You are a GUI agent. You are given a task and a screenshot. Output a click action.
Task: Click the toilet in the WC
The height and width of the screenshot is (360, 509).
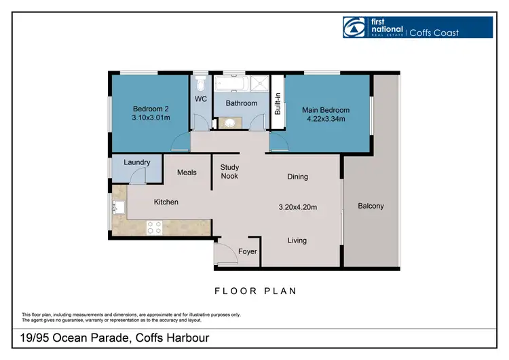(201, 84)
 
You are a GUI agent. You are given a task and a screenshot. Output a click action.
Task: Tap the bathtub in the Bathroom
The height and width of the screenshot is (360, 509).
(231, 83)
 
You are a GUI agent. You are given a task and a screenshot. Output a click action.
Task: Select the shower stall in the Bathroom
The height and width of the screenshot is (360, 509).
(260, 83)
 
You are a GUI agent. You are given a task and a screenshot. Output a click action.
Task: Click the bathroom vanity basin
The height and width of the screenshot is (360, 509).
(230, 123)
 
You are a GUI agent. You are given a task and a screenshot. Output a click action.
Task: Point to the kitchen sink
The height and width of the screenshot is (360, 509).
(119, 207)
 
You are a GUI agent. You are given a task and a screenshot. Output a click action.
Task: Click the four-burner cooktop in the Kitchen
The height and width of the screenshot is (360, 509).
(154, 228)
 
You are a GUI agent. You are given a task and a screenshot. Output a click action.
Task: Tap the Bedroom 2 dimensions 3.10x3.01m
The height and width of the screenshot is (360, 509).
(151, 118)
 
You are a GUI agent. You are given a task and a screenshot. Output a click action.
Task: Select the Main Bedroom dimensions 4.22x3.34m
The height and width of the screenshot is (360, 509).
(326, 119)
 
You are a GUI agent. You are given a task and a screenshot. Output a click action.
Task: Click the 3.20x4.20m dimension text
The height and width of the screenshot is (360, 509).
(298, 207)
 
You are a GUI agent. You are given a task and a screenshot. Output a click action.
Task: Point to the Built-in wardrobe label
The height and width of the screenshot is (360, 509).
(278, 104)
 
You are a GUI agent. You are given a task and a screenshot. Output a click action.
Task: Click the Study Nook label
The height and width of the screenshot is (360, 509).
(229, 172)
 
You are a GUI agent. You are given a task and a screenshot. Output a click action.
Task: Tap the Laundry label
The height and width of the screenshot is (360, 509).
(137, 162)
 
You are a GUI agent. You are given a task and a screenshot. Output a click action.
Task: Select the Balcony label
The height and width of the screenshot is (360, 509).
(371, 206)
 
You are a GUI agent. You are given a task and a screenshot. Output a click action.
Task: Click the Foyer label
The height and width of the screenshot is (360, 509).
(247, 251)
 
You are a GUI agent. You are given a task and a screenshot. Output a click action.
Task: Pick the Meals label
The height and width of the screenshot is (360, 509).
(187, 173)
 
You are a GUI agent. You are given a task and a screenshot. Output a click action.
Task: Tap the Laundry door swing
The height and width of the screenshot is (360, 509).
(138, 177)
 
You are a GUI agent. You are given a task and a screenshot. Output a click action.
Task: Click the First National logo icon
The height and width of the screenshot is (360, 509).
(354, 27)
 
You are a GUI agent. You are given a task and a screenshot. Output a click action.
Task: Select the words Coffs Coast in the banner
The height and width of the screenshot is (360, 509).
(434, 33)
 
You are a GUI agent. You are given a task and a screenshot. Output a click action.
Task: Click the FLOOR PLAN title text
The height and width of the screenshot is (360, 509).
(255, 291)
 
